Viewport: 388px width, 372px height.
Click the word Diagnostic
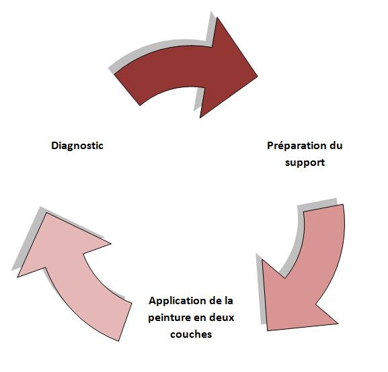[x=77, y=146]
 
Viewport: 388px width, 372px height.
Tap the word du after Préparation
[x=336, y=146]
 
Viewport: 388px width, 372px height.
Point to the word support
[x=305, y=163]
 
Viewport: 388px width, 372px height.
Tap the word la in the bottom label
[x=229, y=301]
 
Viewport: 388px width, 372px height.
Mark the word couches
[x=191, y=334]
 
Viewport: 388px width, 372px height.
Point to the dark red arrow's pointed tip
[x=258, y=76]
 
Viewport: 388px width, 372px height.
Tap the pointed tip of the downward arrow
[x=268, y=330]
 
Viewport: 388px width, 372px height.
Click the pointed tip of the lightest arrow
[x=46, y=213]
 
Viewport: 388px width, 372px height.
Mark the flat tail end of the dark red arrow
[x=127, y=89]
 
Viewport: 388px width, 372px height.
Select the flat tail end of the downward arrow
[x=323, y=208]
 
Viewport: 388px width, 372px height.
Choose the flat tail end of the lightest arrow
[x=125, y=322]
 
